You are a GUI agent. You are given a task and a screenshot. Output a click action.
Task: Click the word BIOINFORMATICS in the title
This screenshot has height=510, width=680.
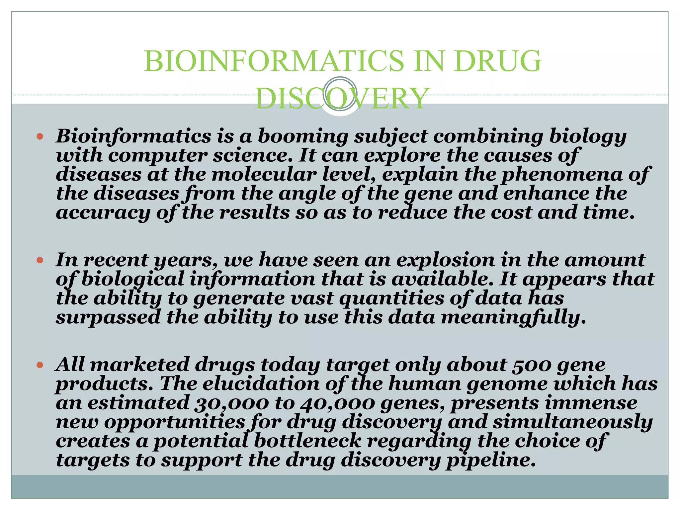pos(274,61)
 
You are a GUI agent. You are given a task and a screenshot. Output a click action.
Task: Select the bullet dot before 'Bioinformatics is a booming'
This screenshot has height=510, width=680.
pos(40,136)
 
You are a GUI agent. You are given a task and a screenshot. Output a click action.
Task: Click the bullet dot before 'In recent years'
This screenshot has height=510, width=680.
pos(40,260)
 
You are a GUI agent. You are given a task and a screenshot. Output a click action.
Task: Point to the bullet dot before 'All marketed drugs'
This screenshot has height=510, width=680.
pos(40,365)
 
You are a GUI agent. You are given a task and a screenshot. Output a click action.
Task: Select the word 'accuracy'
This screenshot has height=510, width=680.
pos(103,213)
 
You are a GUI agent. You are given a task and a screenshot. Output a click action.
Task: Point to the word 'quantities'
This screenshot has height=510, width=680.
pos(391,298)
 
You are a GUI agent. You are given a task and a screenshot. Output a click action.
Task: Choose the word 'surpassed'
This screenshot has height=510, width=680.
pos(108,317)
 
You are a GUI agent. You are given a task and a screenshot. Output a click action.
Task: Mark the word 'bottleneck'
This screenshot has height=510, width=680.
pos(307,441)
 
